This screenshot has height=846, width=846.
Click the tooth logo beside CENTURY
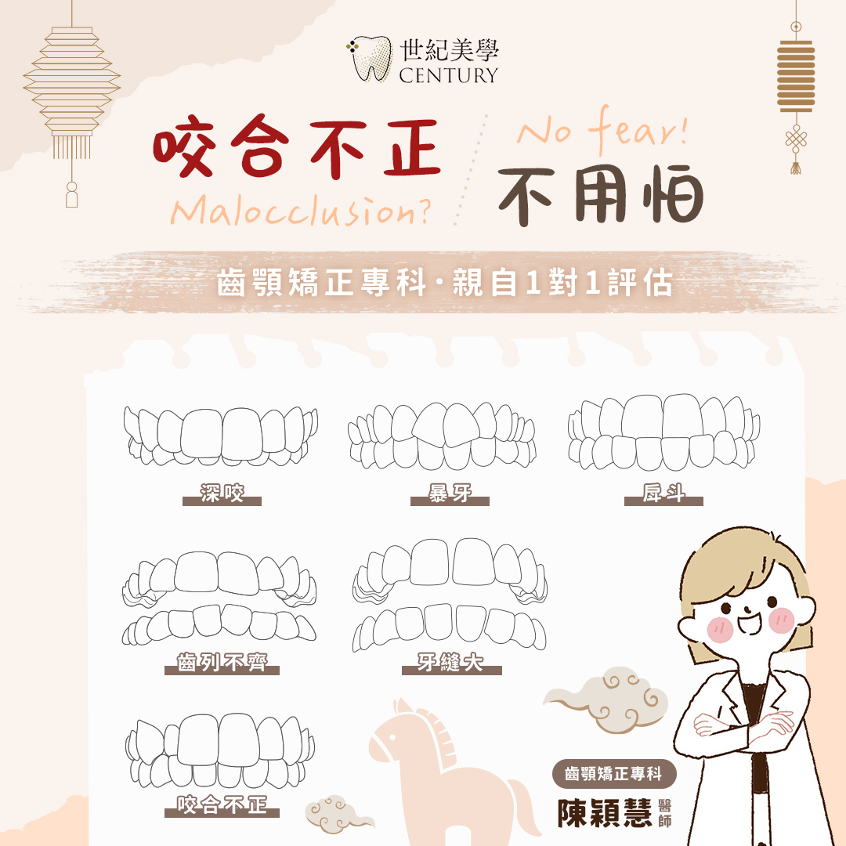click(x=370, y=58)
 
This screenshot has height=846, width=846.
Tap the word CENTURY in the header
click(x=448, y=75)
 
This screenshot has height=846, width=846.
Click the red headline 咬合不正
click(x=297, y=146)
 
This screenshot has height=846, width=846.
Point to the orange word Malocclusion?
click(x=301, y=211)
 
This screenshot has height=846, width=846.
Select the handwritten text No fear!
click(x=602, y=129)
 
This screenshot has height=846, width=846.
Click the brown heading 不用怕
click(x=601, y=195)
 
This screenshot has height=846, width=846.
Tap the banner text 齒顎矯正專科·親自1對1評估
click(x=445, y=282)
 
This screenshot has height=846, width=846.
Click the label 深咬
click(x=222, y=493)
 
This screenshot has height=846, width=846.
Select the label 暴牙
click(x=450, y=493)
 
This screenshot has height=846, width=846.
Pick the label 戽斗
click(x=663, y=493)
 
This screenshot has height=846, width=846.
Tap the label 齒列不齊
click(x=222, y=662)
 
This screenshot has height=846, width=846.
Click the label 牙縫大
click(x=451, y=662)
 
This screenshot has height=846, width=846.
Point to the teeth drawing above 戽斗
click(x=663, y=432)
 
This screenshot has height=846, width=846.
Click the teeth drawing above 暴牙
click(x=442, y=436)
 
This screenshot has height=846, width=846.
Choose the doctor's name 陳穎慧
click(x=605, y=813)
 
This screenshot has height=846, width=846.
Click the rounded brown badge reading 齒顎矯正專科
click(x=613, y=774)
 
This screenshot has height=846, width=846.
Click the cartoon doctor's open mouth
click(x=750, y=624)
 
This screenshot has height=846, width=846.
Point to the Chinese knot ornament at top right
click(x=796, y=141)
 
